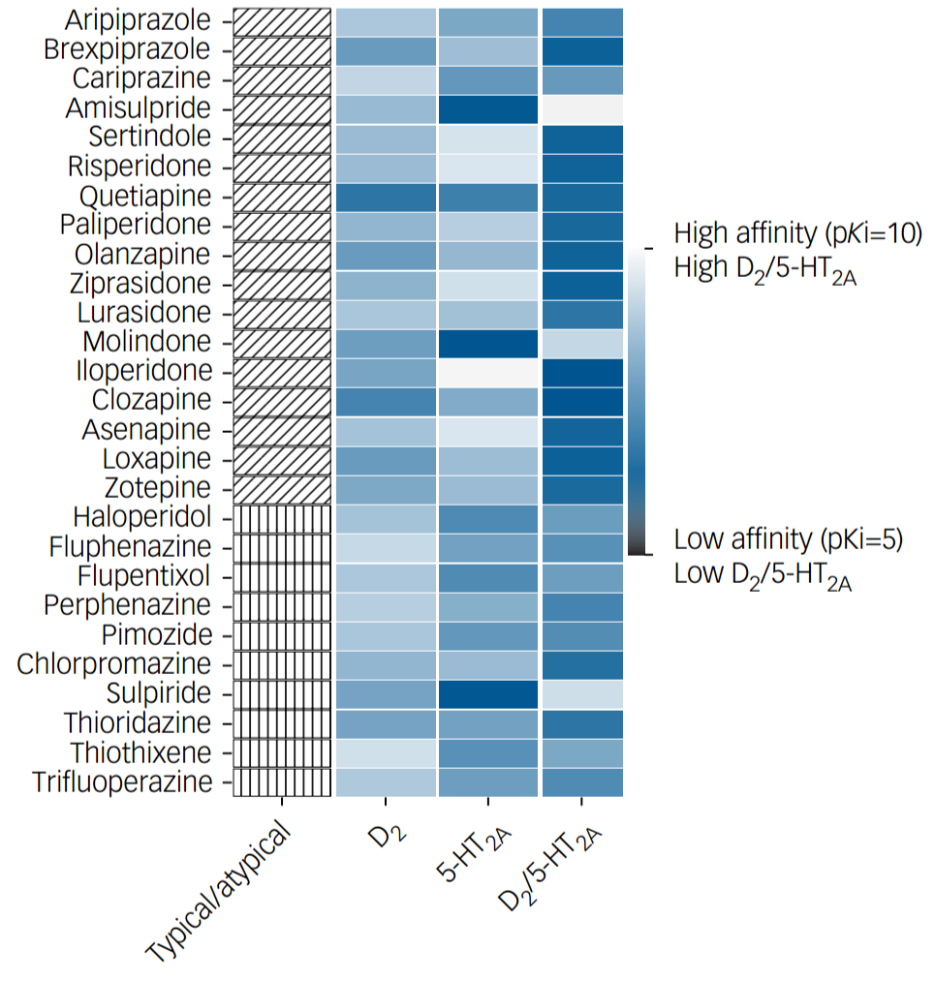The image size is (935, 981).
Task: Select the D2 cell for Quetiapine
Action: tap(386, 197)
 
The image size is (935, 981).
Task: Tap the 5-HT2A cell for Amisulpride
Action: tap(487, 108)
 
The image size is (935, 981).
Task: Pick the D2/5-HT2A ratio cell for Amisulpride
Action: tap(581, 108)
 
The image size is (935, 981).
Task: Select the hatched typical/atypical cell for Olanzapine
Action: tap(282, 256)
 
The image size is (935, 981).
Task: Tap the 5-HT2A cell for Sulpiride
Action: tap(487, 694)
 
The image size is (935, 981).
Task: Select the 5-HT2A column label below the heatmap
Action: tap(475, 852)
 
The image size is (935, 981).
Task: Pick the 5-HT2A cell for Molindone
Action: tap(487, 343)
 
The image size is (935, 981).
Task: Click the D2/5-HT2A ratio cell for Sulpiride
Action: tap(581, 694)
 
